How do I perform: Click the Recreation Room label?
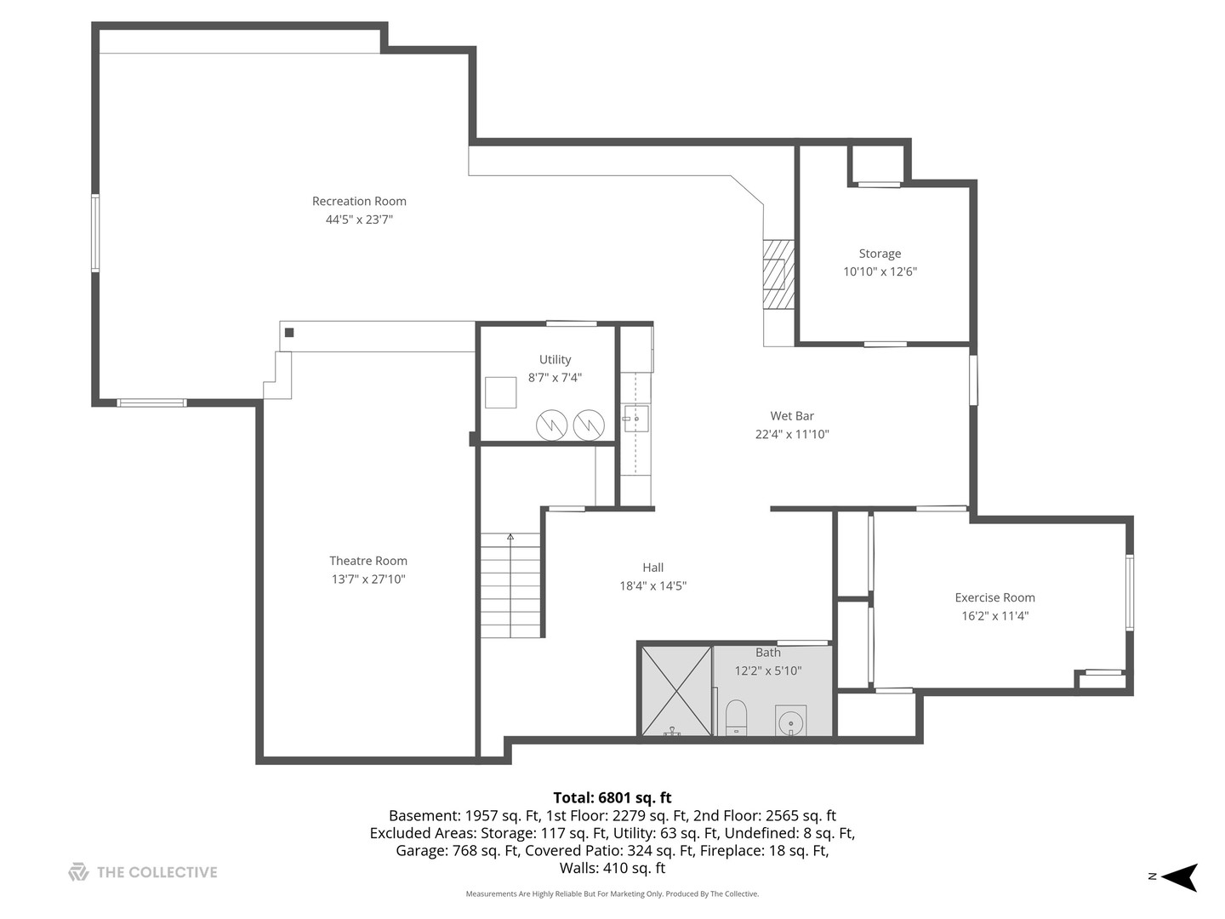[x=359, y=201]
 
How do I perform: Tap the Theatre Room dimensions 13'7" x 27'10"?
[x=368, y=579]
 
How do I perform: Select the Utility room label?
[x=555, y=359]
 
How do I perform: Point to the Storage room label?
[x=880, y=254]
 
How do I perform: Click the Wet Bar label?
[x=792, y=416]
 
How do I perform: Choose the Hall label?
[x=653, y=568]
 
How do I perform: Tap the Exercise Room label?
[x=994, y=597]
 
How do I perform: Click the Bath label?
[x=768, y=653]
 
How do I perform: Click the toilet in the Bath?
[x=736, y=717]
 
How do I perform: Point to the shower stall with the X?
[x=676, y=691]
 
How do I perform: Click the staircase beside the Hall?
[x=510, y=585]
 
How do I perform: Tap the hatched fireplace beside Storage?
[x=778, y=274]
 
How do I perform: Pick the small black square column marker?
[x=289, y=333]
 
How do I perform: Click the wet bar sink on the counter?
[x=636, y=419]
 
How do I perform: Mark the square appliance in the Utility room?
[x=500, y=393]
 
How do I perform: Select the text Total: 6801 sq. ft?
[x=612, y=797]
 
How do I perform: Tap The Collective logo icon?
[x=78, y=872]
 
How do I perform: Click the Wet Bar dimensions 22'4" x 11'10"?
[x=792, y=434]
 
